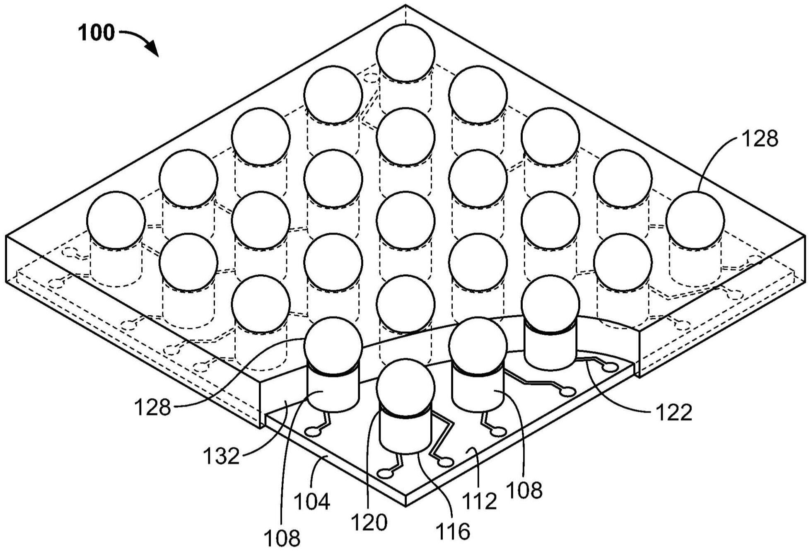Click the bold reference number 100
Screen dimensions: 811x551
point(97,33)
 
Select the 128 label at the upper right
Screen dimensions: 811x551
point(759,139)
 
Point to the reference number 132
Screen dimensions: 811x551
point(221,456)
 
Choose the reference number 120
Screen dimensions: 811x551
point(369,522)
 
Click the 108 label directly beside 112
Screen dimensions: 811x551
point(524,490)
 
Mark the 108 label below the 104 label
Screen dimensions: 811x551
point(282,539)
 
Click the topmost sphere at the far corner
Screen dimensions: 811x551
point(405,53)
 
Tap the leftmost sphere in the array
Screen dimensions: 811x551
point(116,220)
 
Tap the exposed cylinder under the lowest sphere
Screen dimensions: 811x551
point(405,433)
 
